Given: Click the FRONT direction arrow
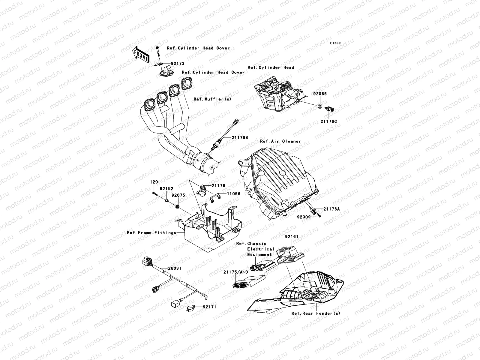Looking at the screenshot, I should click(x=141, y=54).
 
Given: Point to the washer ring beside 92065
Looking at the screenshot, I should click(x=320, y=106).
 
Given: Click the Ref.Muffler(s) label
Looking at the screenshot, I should click(x=212, y=99).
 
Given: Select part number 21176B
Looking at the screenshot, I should click(x=239, y=137).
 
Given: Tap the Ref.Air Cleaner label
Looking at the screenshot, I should click(x=280, y=141).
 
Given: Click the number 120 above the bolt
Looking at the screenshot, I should click(x=154, y=182).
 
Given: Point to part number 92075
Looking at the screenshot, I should click(x=178, y=195).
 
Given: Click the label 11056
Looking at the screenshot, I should click(x=233, y=194).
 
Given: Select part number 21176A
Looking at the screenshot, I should click(x=331, y=209).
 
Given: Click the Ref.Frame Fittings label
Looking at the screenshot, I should click(x=151, y=232).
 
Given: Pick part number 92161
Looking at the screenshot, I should click(x=292, y=237).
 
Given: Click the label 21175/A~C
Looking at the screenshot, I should click(x=236, y=272).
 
